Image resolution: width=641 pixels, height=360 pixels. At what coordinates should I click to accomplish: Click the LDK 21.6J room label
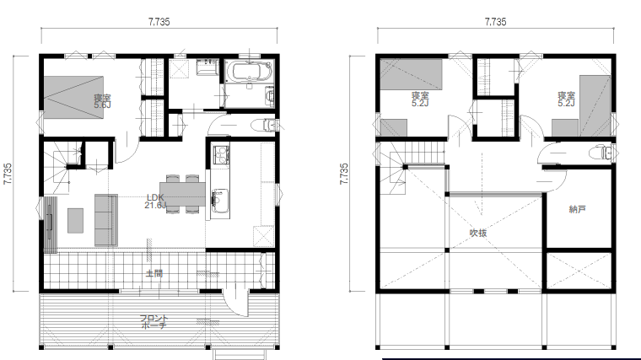click(155, 201)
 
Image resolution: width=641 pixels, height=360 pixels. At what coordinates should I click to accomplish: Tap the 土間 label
click(154, 273)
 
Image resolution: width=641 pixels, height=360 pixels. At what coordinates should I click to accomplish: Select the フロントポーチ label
click(154, 321)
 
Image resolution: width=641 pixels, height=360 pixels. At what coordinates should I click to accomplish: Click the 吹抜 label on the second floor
click(478, 233)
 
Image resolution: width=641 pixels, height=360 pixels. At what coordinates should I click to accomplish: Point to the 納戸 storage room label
click(577, 209)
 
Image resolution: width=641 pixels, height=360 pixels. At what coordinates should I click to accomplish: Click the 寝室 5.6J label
click(102, 101)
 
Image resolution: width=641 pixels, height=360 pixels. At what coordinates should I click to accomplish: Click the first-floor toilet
click(267, 124)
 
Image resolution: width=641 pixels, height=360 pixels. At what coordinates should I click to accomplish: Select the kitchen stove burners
click(221, 154)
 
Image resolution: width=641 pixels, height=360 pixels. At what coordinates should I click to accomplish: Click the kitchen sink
click(220, 201)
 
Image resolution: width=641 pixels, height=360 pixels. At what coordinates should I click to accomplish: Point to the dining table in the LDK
click(182, 194)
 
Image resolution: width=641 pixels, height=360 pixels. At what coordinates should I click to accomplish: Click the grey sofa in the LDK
click(106, 220)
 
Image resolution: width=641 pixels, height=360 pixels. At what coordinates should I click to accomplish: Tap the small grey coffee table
click(76, 221)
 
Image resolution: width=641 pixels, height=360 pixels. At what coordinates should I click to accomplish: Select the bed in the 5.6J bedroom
click(73, 97)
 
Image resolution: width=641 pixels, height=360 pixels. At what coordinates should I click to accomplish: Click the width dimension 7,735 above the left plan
click(159, 22)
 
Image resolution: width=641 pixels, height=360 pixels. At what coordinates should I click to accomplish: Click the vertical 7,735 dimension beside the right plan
click(344, 174)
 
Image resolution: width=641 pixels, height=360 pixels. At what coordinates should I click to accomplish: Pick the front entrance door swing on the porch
click(236, 304)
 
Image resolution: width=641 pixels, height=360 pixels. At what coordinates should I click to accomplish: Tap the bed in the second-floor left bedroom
click(412, 74)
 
